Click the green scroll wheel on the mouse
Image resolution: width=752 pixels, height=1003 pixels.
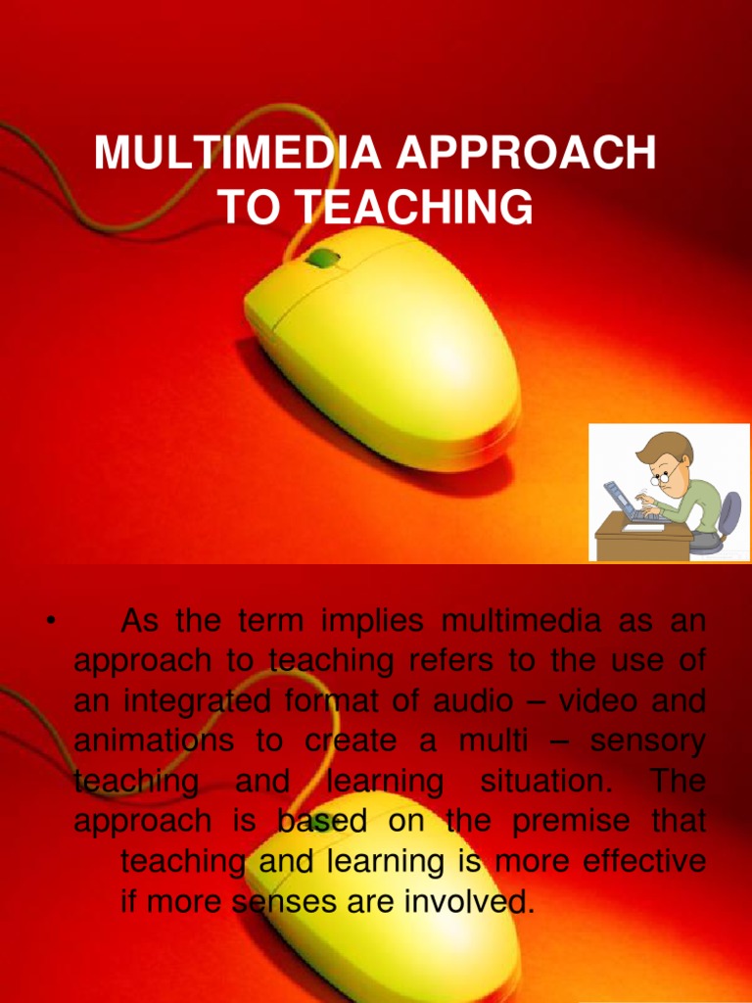tap(322, 260)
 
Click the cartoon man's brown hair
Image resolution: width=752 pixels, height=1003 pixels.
tap(667, 447)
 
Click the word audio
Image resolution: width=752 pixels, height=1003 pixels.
tap(461, 702)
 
